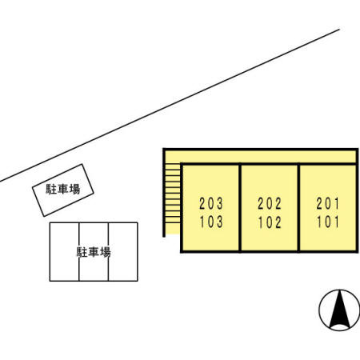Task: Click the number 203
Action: [211, 204]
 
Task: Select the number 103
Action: [211, 222]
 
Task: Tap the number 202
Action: [270, 204]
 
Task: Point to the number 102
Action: [270, 222]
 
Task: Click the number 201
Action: [328, 204]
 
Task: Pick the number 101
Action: [328, 222]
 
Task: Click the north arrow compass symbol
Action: [339, 310]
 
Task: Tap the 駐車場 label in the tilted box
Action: [63, 189]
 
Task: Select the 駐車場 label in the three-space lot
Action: [94, 252]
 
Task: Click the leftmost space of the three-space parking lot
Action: [64, 252]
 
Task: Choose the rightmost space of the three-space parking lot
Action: [123, 252]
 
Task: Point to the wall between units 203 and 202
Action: [240, 208]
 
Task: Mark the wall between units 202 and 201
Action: [298, 208]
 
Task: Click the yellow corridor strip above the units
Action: [261, 157]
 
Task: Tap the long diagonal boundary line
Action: [170, 106]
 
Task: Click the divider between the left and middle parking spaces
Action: [79, 252]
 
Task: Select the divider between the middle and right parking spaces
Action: [108, 252]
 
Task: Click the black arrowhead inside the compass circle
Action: [339, 310]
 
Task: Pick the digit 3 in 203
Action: [219, 204]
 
